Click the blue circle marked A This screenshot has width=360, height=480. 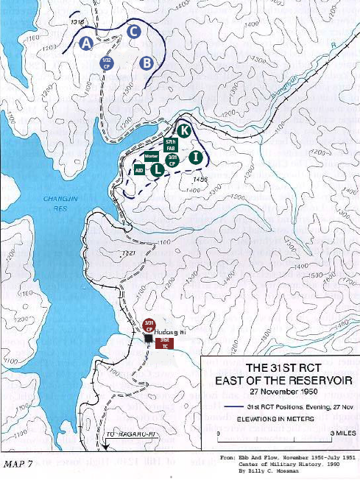pos(86,43)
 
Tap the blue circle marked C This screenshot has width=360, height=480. pos(133,31)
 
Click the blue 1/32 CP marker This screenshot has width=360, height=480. pos(107,62)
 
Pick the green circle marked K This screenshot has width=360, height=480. pos(185,130)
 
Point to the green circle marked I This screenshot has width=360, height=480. pos(195,157)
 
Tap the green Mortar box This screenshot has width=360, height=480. pos(152,157)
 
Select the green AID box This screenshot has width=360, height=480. pos(139,170)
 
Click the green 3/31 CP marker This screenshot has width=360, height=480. pos(173,159)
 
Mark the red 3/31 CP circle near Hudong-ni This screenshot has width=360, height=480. pos(148,325)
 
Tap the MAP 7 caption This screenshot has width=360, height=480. pos(20,465)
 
